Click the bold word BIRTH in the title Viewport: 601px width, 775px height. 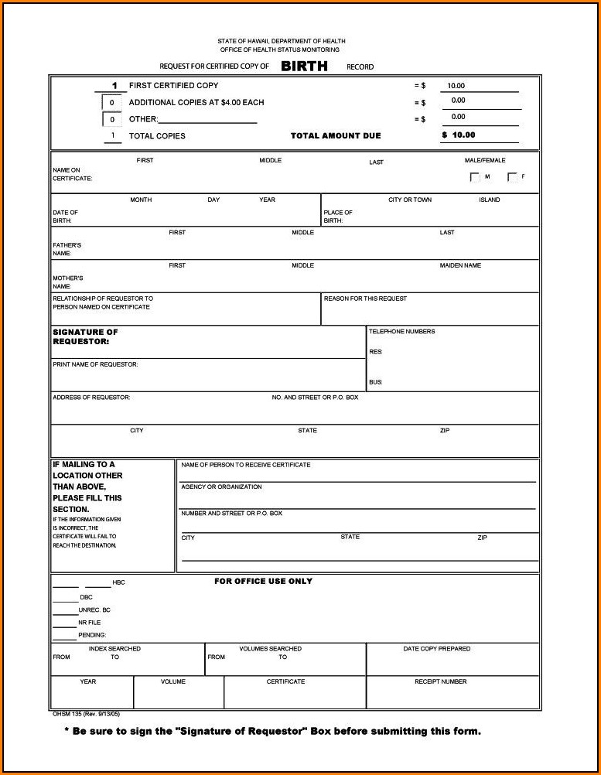click(x=304, y=67)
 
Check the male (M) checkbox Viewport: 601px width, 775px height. click(x=475, y=177)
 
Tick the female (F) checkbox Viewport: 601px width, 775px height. click(x=512, y=177)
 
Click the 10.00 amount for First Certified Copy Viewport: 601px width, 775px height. click(x=456, y=87)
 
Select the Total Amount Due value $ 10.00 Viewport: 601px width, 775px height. click(x=459, y=135)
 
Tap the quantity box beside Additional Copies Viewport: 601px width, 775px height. click(x=111, y=103)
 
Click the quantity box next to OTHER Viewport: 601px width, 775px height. click(x=111, y=120)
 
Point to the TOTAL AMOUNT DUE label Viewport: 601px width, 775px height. click(x=336, y=136)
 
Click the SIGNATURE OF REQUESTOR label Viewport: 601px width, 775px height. click(x=85, y=336)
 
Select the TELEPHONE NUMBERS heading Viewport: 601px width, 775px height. click(x=401, y=332)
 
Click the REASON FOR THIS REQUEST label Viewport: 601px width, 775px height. click(x=365, y=299)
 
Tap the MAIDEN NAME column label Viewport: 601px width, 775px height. click(x=460, y=265)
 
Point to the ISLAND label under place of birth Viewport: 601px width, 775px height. click(x=489, y=200)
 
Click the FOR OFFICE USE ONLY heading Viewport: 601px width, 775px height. click(x=263, y=582)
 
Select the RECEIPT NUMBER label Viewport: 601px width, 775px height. click(x=440, y=681)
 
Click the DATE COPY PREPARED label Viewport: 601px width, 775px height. click(x=436, y=649)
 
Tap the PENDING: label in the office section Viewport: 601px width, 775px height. click(x=92, y=635)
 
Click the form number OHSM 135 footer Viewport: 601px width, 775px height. click(x=75, y=714)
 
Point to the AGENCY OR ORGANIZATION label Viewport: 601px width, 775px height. click(x=221, y=487)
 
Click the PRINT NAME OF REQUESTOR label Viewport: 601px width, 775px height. click(x=95, y=364)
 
